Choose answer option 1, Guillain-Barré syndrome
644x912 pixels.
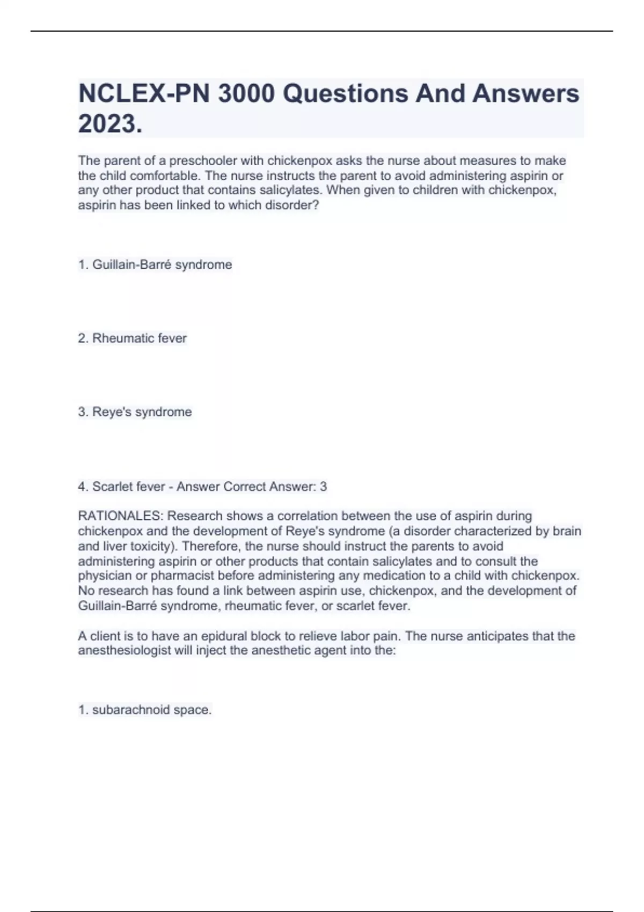pyautogui.click(x=155, y=265)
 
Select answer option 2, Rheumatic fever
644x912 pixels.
pyautogui.click(x=133, y=339)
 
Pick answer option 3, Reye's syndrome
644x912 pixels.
pyautogui.click(x=135, y=412)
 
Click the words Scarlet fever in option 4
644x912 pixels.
pyautogui.click(x=129, y=487)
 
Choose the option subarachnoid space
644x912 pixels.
pyautogui.click(x=145, y=710)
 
